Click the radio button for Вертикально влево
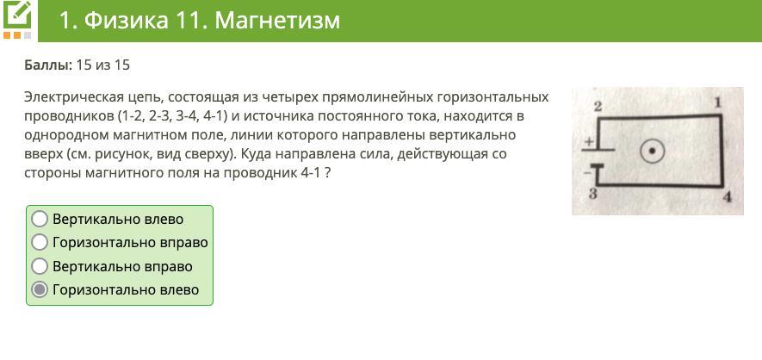click(40, 219)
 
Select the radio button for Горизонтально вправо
click(40, 242)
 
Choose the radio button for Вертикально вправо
click(40, 266)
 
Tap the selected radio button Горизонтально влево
click(40, 289)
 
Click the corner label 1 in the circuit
click(717, 103)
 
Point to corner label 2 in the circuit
click(598, 107)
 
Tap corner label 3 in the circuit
click(593, 195)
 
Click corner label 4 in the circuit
click(727, 197)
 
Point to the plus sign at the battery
click(589, 142)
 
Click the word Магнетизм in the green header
click(277, 21)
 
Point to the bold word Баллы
click(48, 65)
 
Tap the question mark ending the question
click(328, 173)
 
